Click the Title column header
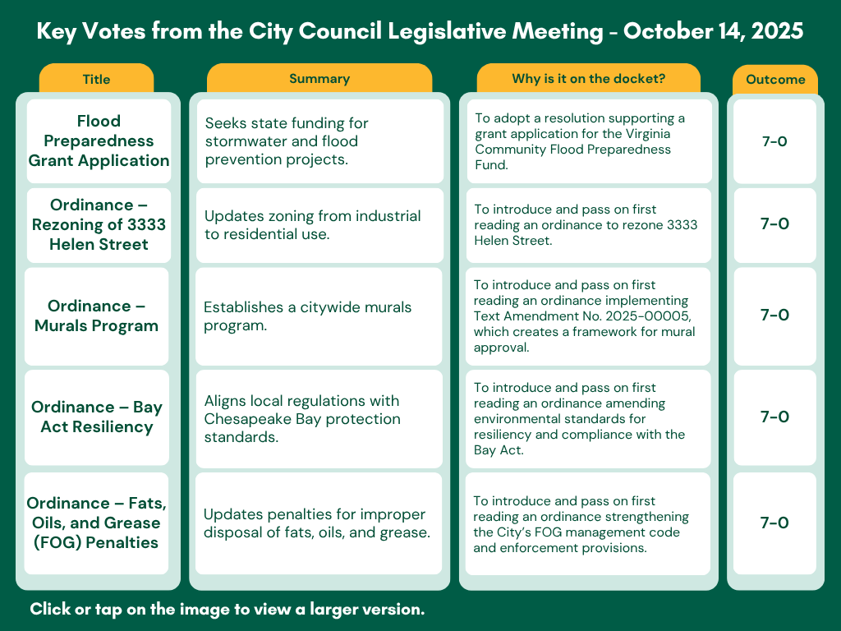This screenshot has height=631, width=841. tap(96, 80)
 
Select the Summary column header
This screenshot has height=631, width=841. tap(319, 79)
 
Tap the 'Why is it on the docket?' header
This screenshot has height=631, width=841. tap(588, 79)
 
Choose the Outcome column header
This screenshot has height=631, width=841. tap(774, 80)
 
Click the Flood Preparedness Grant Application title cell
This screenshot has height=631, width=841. tap(99, 141)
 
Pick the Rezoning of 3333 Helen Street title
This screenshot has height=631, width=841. tap(99, 224)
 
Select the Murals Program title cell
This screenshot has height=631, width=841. tap(96, 315)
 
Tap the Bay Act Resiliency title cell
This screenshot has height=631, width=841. tap(97, 417)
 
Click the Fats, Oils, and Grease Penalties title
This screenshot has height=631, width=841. tap(97, 523)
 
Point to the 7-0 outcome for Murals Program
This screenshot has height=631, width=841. tap(774, 315)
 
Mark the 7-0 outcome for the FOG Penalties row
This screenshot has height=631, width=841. tap(774, 523)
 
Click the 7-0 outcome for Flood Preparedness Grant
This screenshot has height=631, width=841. tap(774, 141)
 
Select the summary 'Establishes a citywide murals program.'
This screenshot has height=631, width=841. tap(307, 316)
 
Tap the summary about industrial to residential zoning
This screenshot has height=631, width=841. tap(312, 225)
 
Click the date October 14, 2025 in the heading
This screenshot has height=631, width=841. tap(713, 32)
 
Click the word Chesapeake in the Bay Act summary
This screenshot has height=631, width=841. tap(245, 419)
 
